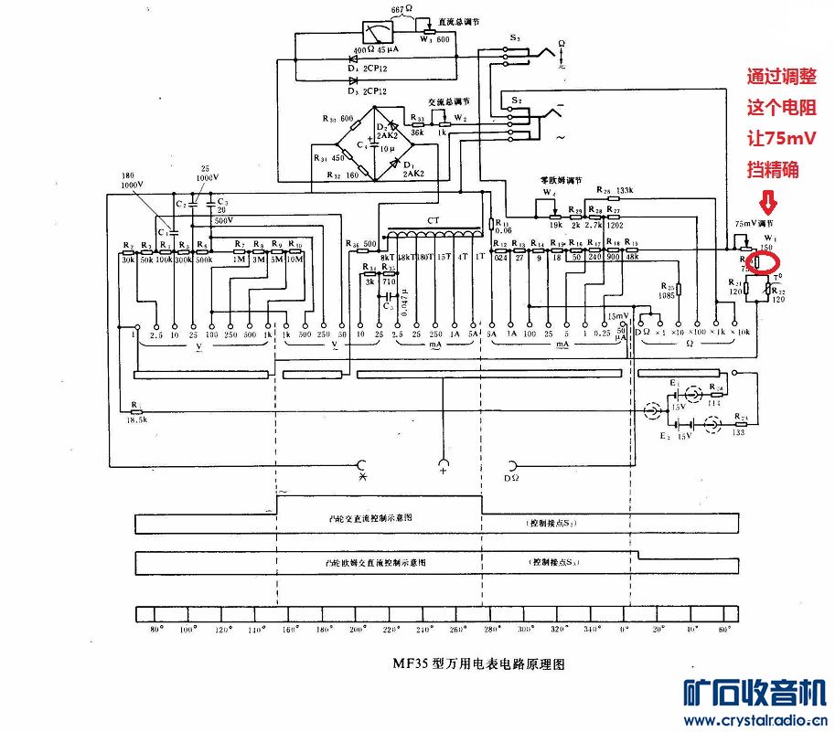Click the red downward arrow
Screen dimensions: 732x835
(x=768, y=199)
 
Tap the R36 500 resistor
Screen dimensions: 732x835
(x=363, y=244)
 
